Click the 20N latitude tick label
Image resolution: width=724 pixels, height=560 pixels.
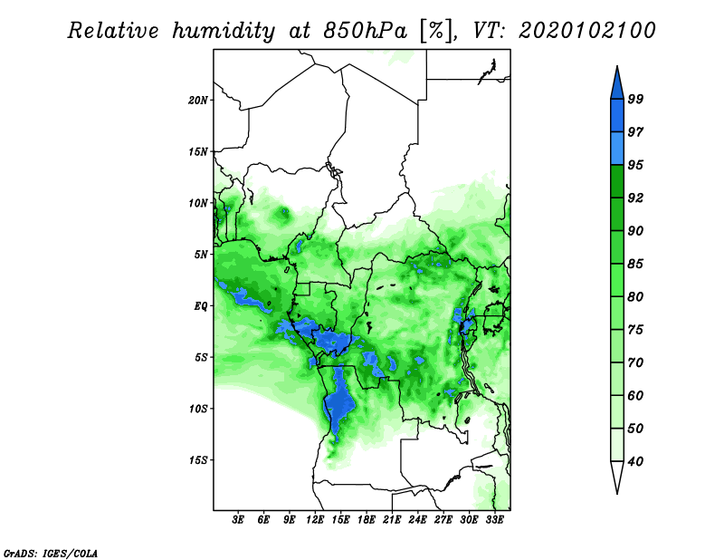[x=198, y=100]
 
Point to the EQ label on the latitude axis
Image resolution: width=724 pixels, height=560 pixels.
[x=200, y=305]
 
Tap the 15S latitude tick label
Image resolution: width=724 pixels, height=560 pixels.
[x=198, y=460]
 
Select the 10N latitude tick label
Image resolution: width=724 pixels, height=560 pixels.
[x=198, y=203]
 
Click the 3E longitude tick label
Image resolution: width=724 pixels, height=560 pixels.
[x=238, y=519]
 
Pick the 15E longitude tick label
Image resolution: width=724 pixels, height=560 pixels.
[x=340, y=519]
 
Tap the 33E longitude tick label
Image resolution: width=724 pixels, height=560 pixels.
[x=494, y=519]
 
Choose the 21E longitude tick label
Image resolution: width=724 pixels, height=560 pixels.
[x=392, y=519]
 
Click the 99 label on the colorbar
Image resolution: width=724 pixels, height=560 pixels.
[x=635, y=99]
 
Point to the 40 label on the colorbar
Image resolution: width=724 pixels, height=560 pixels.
[x=635, y=461]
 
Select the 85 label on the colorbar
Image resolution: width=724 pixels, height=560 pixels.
[x=635, y=264]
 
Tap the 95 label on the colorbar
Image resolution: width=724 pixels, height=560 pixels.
[x=635, y=165]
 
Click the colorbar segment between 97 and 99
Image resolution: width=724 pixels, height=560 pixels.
[x=617, y=116]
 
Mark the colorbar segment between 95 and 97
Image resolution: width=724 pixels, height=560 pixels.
[x=617, y=149]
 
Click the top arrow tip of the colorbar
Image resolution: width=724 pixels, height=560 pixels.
[x=617, y=66]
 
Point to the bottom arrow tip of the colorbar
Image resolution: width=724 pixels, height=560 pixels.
[x=617, y=494]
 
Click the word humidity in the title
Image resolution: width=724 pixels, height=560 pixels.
[x=224, y=31]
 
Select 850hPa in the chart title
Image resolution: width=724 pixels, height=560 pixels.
[x=366, y=31]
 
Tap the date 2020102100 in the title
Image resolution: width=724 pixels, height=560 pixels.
[x=586, y=31]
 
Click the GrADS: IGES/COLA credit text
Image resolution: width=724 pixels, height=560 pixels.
[x=51, y=553]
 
